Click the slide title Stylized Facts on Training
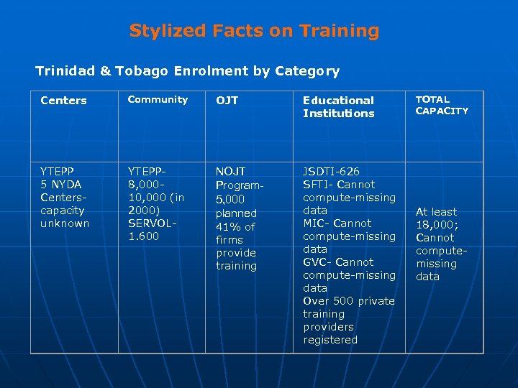click(254, 31)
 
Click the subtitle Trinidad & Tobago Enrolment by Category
click(187, 71)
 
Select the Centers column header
click(64, 101)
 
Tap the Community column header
click(158, 100)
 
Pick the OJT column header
click(227, 101)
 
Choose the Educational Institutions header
click(339, 107)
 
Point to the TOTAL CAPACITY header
click(442, 106)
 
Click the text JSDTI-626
click(332, 172)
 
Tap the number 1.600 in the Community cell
click(144, 236)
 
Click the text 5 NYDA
click(61, 185)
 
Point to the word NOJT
click(231, 172)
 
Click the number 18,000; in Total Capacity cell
click(435, 225)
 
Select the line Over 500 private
click(349, 301)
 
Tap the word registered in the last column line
click(330, 340)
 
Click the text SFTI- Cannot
click(339, 185)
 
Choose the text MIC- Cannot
click(337, 223)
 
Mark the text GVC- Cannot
click(338, 262)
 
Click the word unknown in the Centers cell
click(65, 223)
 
